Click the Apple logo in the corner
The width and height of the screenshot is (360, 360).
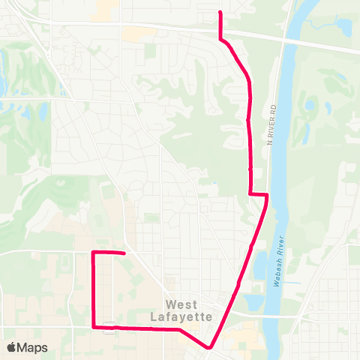(12, 347)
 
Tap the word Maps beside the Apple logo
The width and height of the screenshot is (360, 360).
(33, 347)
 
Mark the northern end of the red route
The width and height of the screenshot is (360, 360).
(219, 13)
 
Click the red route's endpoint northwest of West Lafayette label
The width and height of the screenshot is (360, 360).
(123, 253)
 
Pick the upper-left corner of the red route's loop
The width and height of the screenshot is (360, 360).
(93, 253)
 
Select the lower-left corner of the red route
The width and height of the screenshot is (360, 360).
(93, 327)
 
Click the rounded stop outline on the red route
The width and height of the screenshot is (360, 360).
(109, 327)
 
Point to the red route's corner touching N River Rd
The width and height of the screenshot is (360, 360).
(266, 195)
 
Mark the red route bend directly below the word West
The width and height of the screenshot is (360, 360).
(180, 328)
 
